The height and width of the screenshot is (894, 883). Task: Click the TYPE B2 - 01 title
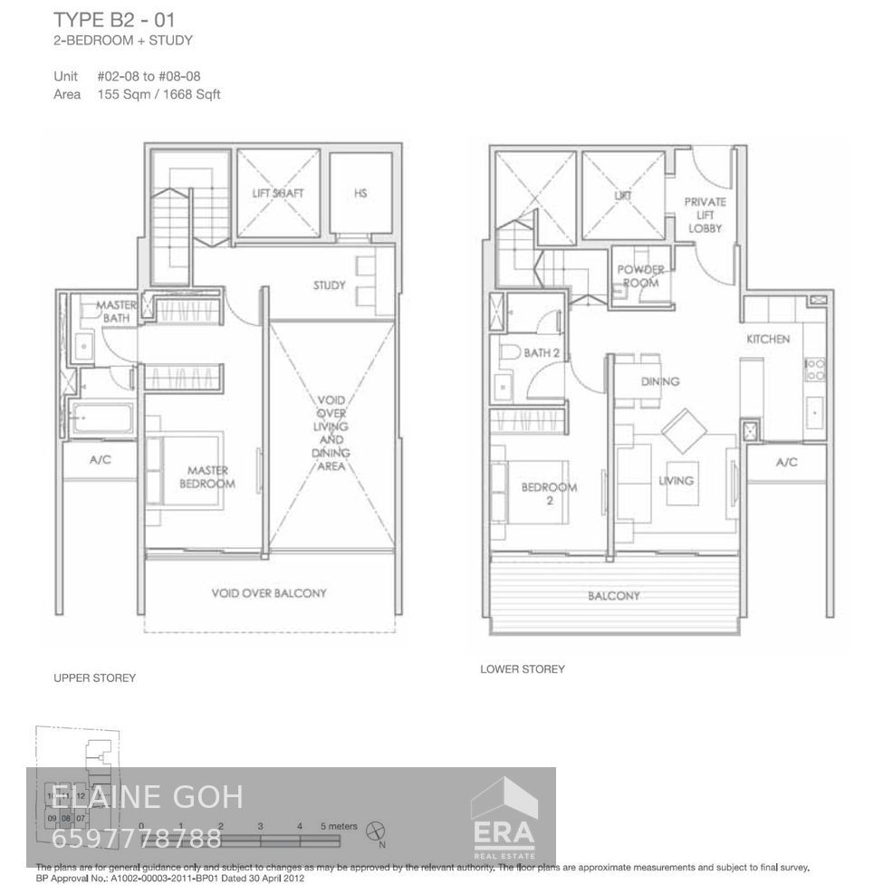116,19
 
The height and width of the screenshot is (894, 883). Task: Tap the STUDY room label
330,285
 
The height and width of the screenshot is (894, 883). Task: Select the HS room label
360,193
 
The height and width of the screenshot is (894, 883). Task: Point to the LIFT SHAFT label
277,193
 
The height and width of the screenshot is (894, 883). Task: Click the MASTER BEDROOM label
208,476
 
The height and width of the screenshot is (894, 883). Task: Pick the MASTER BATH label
116,312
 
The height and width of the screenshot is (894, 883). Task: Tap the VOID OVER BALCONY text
268,593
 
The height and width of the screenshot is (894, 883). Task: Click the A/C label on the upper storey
100,460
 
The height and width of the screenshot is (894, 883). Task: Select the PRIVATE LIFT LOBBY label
705,215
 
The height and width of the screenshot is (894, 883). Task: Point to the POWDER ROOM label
640,276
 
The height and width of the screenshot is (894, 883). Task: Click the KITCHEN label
768,339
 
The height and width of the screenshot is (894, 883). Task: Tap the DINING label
659,381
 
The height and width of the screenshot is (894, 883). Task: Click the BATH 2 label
542,352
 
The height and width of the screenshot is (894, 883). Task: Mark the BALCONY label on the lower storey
613,596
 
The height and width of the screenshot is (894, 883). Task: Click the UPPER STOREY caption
94,678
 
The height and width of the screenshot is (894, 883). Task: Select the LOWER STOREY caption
522,669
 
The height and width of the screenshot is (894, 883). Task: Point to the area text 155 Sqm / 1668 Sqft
158,94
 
